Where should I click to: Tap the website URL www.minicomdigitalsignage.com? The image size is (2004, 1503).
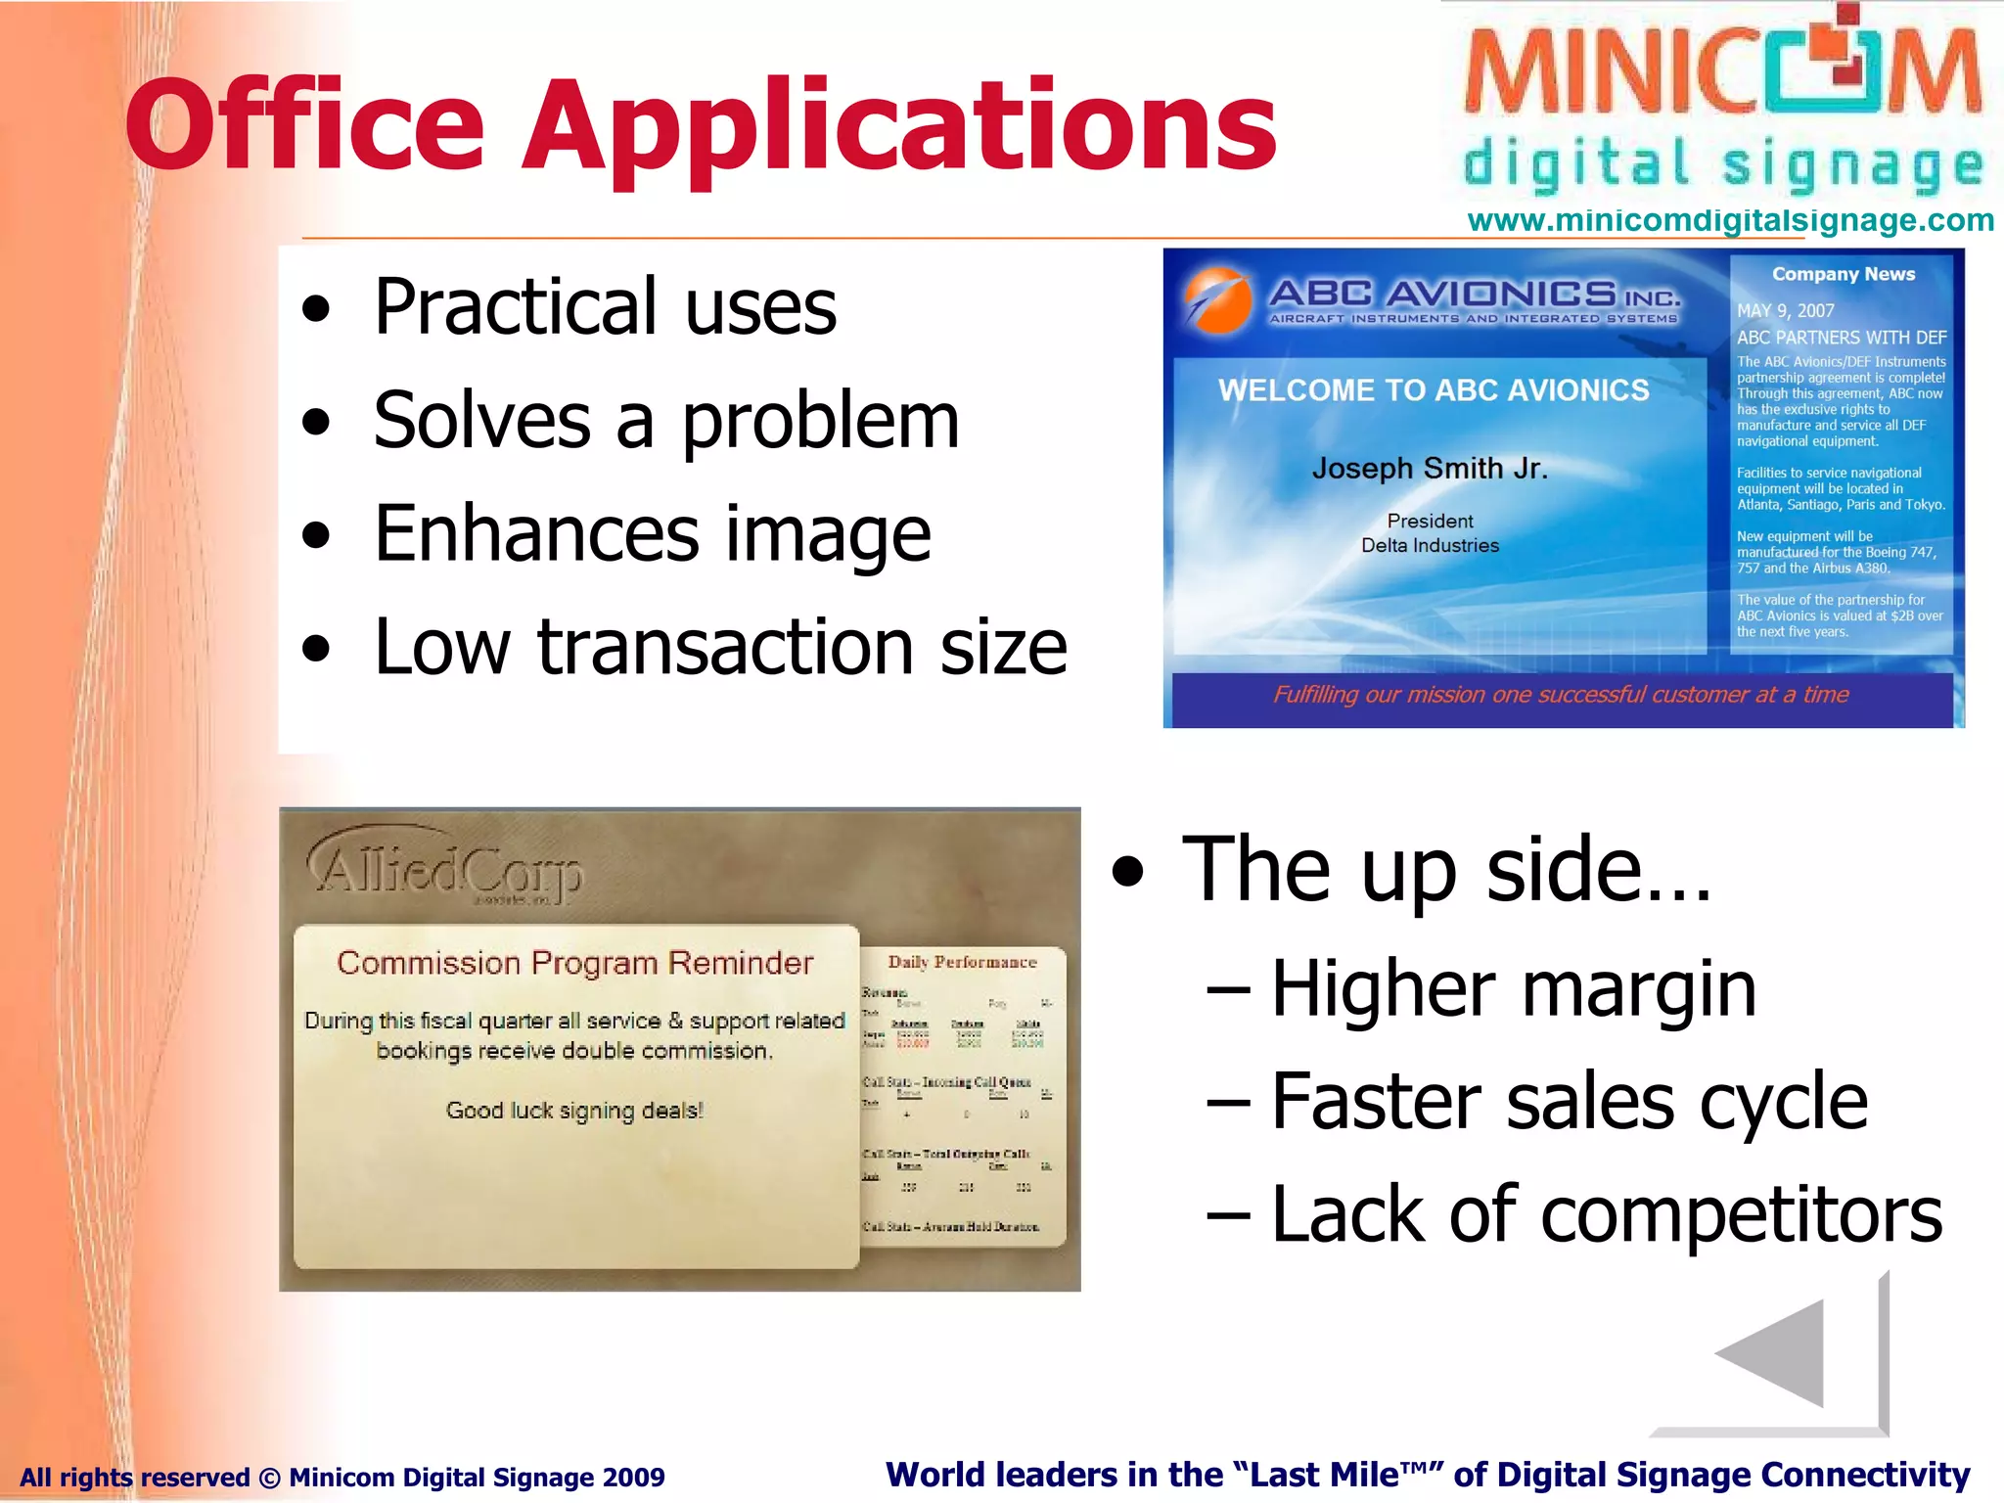click(x=1730, y=220)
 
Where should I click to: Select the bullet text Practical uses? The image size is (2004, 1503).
click(x=605, y=307)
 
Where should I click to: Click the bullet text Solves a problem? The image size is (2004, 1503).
click(x=665, y=421)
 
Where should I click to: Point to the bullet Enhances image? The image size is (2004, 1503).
click(x=652, y=534)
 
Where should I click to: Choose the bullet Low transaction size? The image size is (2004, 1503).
click(x=720, y=647)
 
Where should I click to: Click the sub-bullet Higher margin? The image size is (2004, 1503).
click(x=1512, y=989)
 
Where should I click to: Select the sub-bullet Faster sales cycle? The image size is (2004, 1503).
click(x=1568, y=1102)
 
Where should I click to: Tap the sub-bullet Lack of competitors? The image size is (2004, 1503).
click(x=1605, y=1214)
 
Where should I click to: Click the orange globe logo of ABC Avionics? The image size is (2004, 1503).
click(x=1218, y=299)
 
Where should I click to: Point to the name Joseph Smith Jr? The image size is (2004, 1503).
click(x=1429, y=469)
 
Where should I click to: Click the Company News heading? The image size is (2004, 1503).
click(x=1843, y=274)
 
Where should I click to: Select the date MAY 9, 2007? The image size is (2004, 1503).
click(x=1785, y=310)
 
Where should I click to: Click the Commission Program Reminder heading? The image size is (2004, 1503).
click(x=574, y=963)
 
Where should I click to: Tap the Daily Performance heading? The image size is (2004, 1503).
click(x=962, y=962)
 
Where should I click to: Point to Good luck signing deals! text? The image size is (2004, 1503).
click(x=574, y=1111)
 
